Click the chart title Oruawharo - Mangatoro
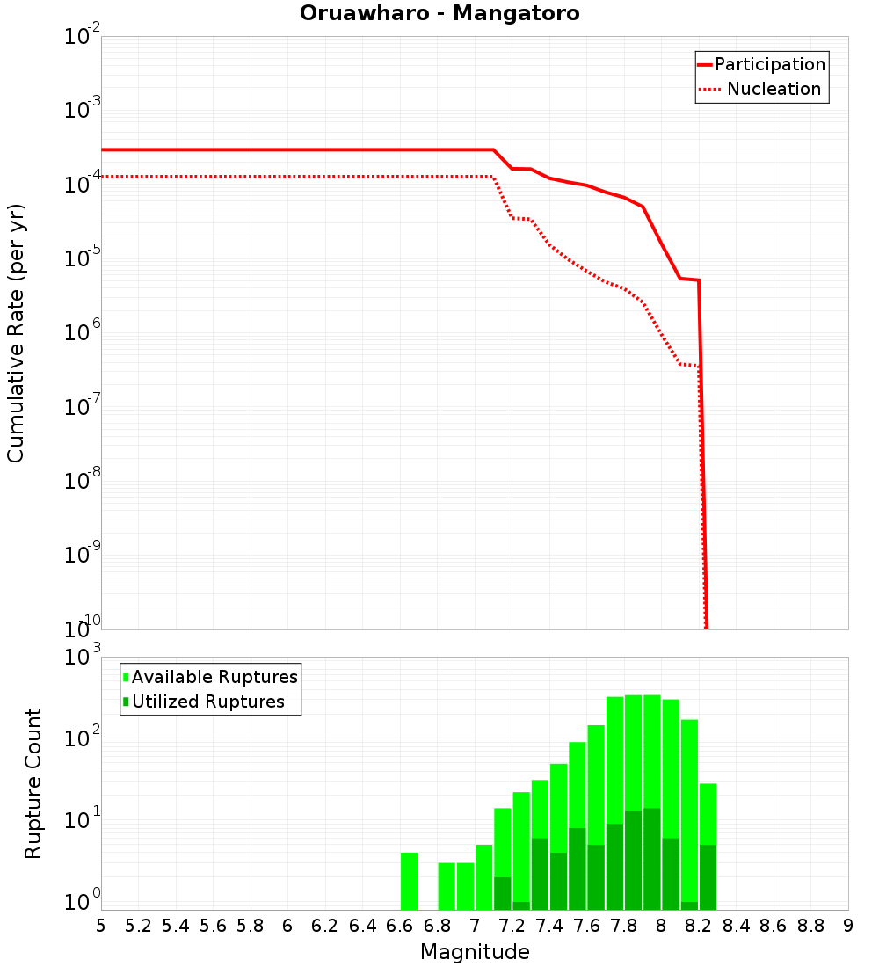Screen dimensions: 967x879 tap(439, 14)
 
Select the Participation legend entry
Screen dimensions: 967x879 tap(769, 65)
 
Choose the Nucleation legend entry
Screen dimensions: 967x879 tap(774, 90)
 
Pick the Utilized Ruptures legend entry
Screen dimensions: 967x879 tap(207, 702)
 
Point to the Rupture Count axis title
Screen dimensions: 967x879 tap(33, 783)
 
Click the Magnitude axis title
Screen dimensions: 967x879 tap(475, 952)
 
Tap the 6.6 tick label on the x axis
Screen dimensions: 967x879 tap(400, 926)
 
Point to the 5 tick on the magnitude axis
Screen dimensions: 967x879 tap(101, 926)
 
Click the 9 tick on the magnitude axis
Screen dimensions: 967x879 tap(847, 926)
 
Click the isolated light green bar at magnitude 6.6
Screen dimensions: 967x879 tap(409, 881)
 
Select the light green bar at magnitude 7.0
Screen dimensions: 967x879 tap(483, 876)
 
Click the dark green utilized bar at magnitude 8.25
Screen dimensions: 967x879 tap(708, 876)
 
